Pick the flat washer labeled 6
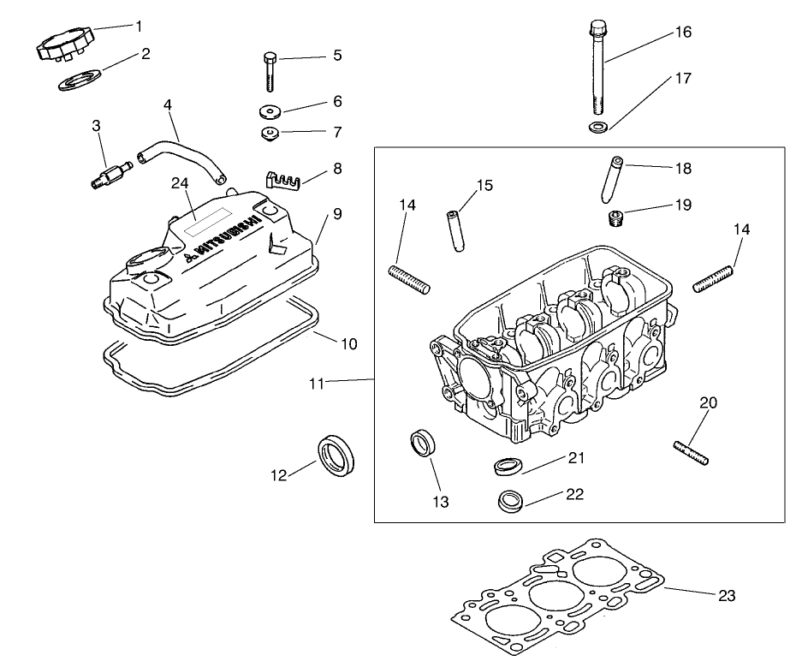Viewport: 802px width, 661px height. tap(270, 111)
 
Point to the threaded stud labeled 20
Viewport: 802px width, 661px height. tap(691, 453)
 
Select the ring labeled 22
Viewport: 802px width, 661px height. tap(510, 500)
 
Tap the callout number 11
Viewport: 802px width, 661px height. tap(317, 384)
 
